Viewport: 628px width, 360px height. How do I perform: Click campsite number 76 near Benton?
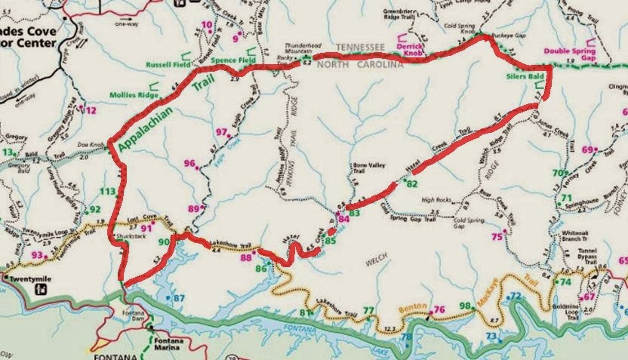pyautogui.click(x=439, y=309)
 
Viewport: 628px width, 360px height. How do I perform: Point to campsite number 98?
pyautogui.click(x=465, y=306)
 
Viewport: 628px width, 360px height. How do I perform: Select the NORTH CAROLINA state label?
pyautogui.click(x=359, y=65)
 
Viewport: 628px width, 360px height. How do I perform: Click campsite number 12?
pyautogui.click(x=92, y=111)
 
